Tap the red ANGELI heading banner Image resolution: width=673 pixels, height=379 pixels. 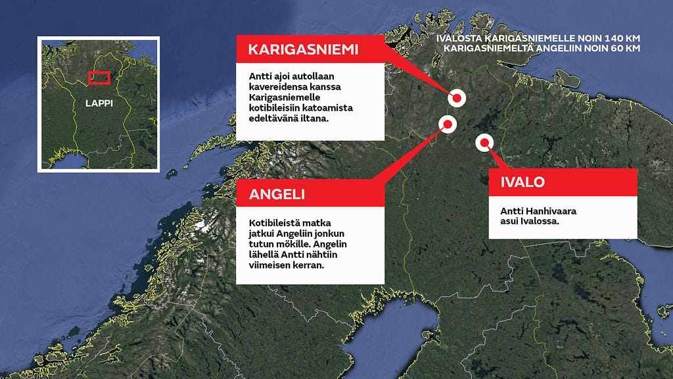(x=310, y=195)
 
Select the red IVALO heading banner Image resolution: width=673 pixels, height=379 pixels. (x=563, y=182)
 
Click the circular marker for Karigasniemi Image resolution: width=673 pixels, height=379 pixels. (x=457, y=98)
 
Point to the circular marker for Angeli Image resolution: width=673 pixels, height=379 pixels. (x=447, y=123)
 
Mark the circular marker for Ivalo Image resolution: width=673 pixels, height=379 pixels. (x=484, y=141)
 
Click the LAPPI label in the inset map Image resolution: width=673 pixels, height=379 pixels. (x=99, y=104)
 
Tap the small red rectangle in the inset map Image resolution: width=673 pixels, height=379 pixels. (x=99, y=77)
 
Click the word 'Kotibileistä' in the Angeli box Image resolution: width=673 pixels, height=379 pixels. (x=275, y=223)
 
